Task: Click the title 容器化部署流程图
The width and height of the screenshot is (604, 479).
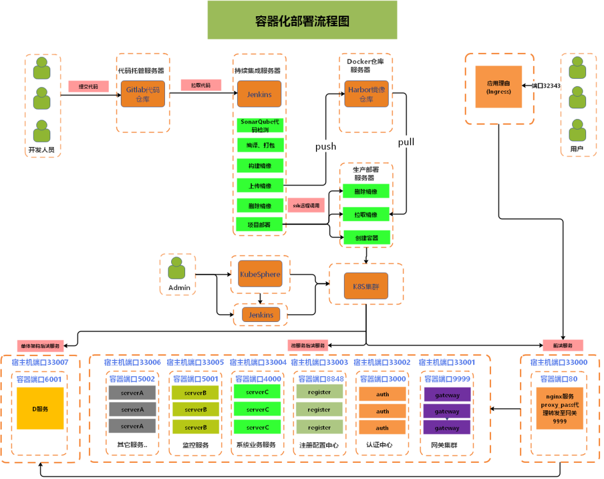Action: point(302,21)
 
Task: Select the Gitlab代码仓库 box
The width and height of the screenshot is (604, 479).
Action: point(143,94)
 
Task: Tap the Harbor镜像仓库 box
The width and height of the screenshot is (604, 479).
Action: point(366,94)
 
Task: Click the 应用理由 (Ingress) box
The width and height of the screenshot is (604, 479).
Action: point(498,87)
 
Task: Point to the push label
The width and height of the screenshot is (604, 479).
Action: point(325,146)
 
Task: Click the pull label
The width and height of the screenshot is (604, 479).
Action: point(406,141)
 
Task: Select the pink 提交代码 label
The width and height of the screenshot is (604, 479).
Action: point(88,87)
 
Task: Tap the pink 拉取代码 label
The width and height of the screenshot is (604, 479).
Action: point(201,85)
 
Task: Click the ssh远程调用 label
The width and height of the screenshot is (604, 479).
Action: point(306,205)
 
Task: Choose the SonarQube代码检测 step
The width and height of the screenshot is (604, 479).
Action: point(261,126)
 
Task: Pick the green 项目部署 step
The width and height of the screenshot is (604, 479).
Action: point(260,225)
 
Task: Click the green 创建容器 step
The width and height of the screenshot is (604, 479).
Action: point(366,238)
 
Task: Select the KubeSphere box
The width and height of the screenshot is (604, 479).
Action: point(260,274)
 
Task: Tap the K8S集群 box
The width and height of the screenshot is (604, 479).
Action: point(366,286)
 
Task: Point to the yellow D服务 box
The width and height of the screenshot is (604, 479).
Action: point(40,409)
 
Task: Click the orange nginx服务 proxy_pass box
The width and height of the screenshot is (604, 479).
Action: point(560,409)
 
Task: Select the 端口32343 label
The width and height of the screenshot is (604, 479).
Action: point(546,86)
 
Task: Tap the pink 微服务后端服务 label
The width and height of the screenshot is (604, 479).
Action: point(307,345)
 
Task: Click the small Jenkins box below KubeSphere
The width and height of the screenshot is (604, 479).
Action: point(261,315)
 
